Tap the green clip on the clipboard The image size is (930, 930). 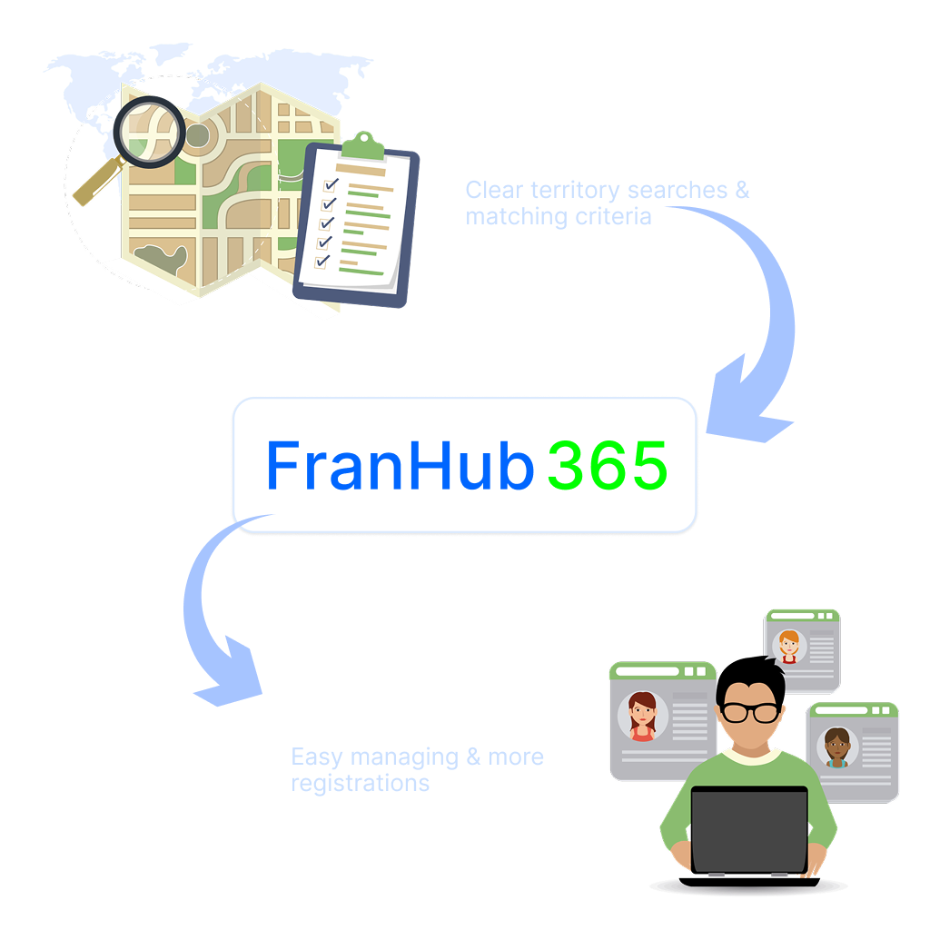363,143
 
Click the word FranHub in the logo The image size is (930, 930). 399,467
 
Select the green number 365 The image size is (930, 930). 608,467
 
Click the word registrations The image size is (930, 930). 360,782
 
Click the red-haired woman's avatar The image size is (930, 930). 642,716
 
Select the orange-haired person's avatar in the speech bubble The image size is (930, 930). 787,646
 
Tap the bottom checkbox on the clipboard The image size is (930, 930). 322,261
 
